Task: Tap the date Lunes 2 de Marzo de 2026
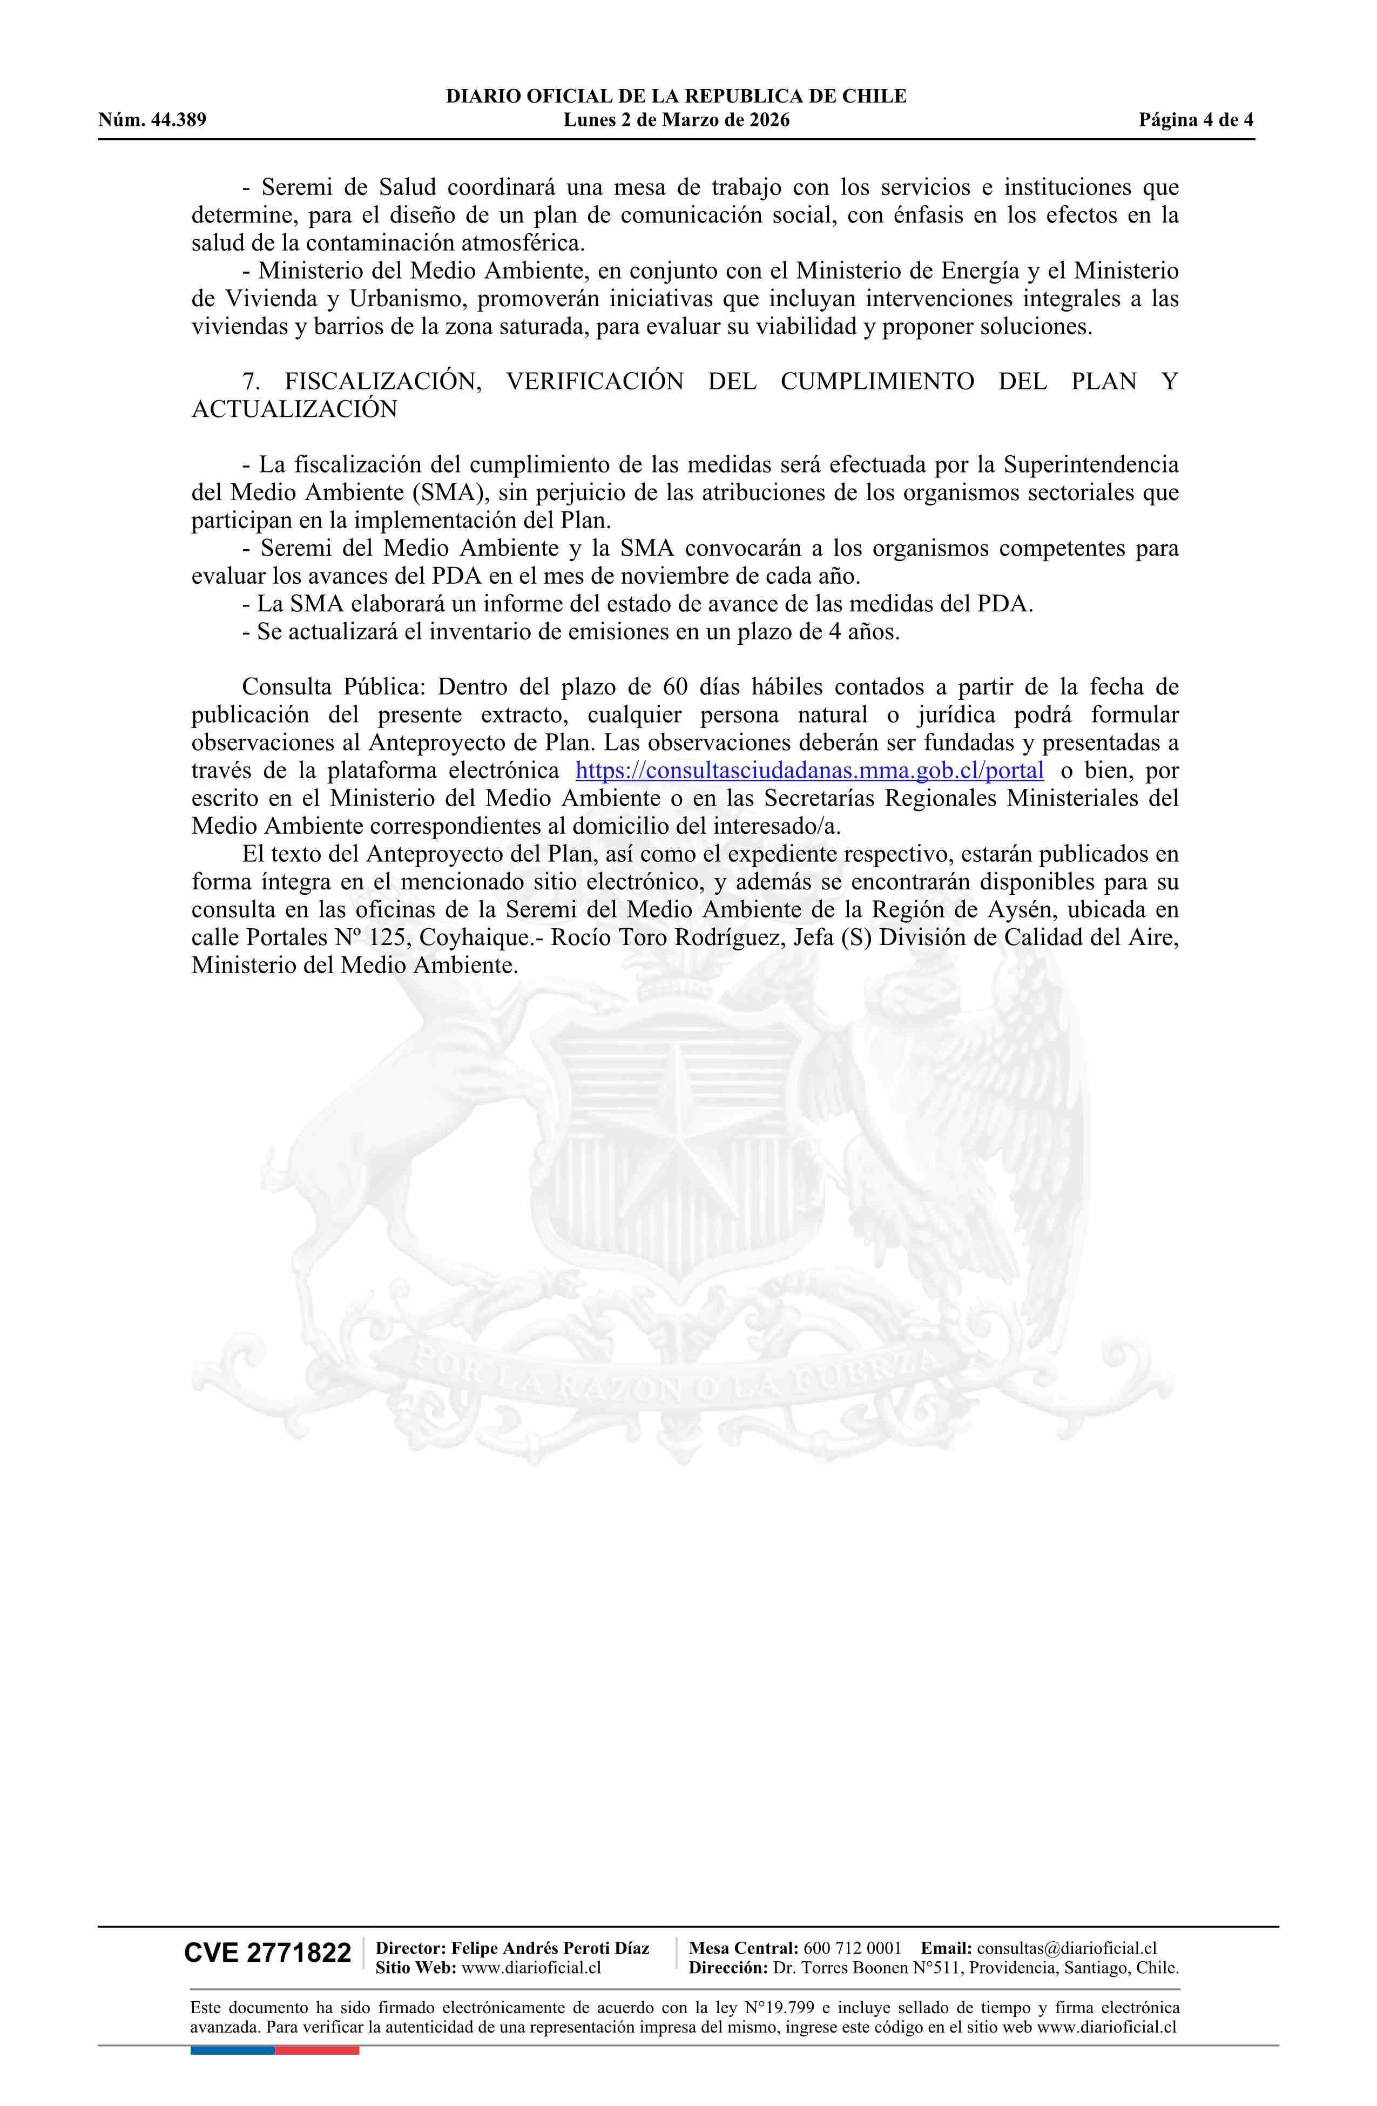676,120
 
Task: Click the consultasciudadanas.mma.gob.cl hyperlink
809,770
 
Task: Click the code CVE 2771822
267,1954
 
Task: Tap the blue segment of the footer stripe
232,2024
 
